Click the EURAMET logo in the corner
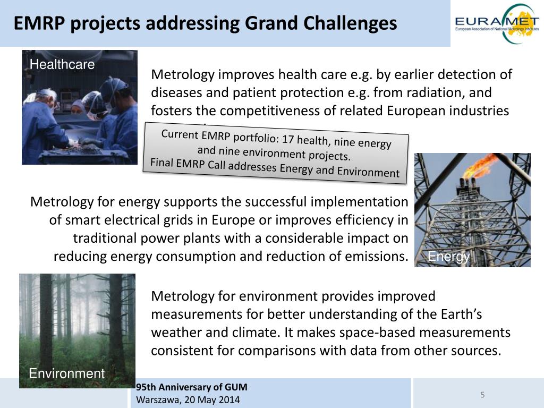coord(496,23)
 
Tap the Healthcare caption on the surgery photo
coord(62,65)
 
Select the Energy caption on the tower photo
coord(448,257)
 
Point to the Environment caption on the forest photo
coord(67,373)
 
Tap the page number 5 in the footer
coord(482,395)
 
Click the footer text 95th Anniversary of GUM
coord(192,387)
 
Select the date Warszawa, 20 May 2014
coord(188,399)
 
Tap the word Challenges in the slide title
coord(350,23)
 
